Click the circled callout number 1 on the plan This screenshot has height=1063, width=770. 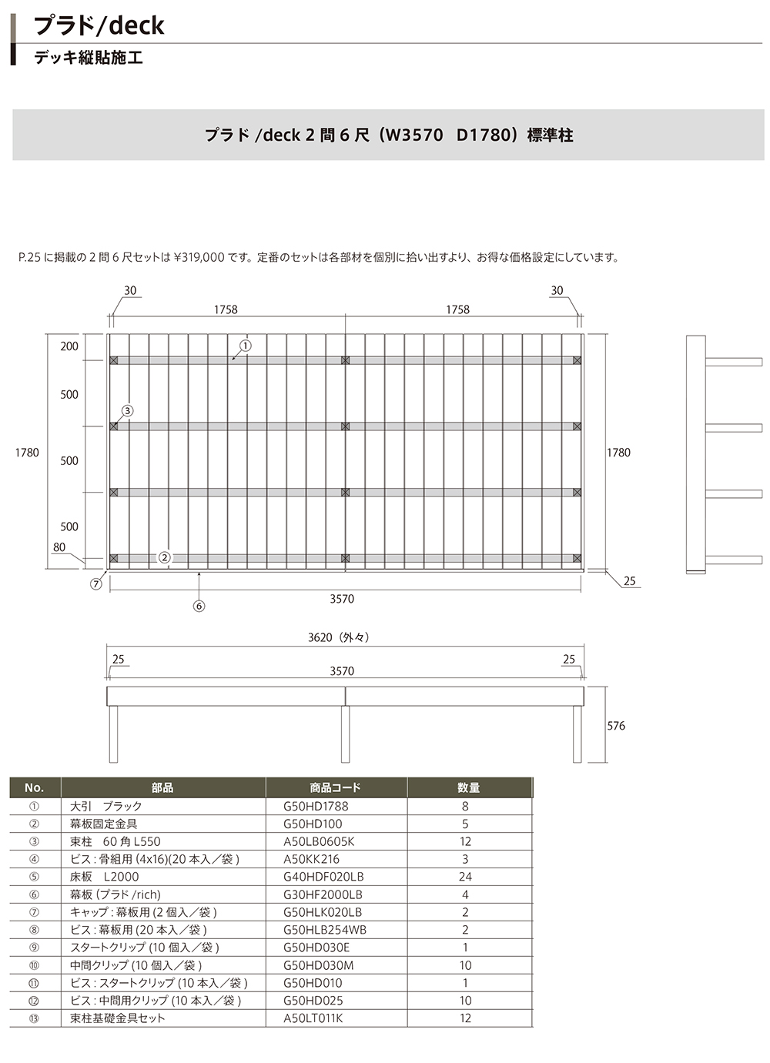(246, 346)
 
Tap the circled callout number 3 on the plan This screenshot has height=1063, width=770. (127, 410)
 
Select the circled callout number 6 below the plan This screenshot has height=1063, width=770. (199, 606)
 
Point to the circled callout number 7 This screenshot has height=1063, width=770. (96, 584)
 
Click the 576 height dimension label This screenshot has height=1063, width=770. (616, 726)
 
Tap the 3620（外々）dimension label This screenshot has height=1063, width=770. (339, 637)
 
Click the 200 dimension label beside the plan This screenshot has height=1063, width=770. (69, 346)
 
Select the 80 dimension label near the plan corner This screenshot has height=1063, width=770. (59, 547)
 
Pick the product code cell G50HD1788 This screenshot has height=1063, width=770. (316, 806)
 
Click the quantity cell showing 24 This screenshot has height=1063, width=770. (465, 877)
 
